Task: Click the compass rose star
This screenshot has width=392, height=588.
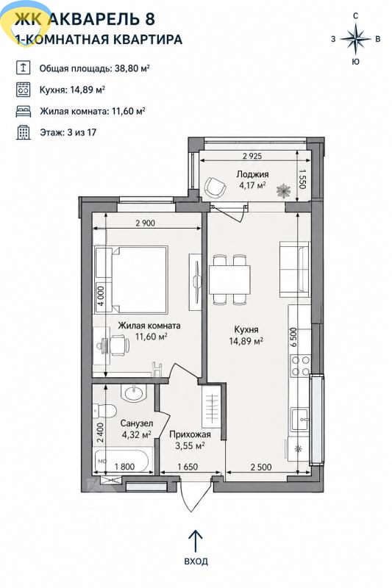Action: coord(355,38)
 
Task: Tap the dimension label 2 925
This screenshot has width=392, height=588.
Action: coord(252,156)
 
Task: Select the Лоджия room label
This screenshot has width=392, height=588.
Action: coord(252,174)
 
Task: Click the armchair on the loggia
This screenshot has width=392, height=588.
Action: coord(215,187)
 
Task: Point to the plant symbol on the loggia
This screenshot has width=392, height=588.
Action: coord(284,191)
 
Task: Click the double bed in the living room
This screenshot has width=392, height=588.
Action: coord(139,279)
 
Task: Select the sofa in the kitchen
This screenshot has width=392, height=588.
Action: coord(295,270)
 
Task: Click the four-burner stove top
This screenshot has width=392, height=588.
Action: coord(301,366)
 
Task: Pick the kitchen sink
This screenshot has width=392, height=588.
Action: coord(301,419)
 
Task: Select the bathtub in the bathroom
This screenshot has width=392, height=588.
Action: coord(123,460)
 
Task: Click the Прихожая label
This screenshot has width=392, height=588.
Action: coord(190,434)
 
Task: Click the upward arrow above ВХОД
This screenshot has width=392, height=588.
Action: coord(195,541)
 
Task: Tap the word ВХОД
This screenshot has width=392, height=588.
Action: coord(196,562)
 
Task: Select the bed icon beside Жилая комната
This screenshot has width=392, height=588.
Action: coord(24,112)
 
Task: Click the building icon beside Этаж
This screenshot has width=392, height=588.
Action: coord(24,132)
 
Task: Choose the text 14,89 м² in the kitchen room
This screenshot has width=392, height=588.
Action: coord(246,341)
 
